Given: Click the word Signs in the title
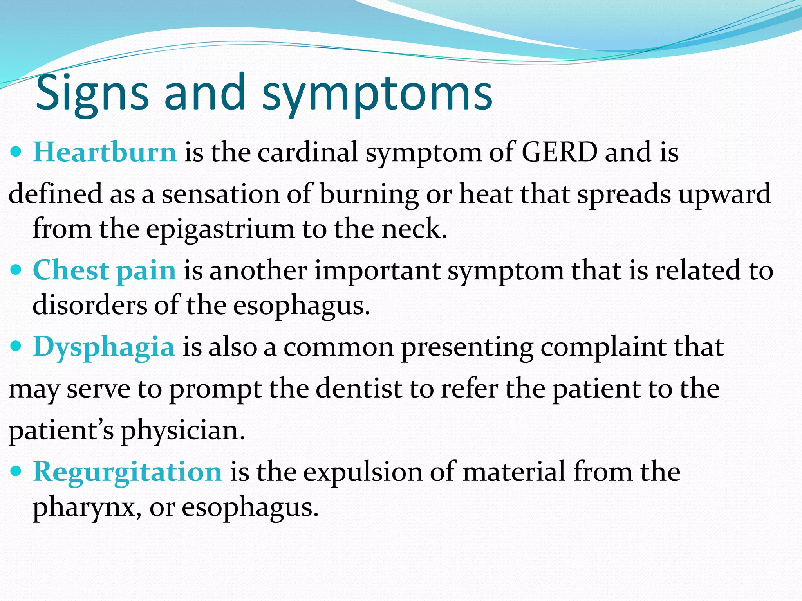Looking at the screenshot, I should [x=92, y=94].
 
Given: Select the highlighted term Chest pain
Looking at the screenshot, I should [x=105, y=270].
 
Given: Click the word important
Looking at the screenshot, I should [x=378, y=270].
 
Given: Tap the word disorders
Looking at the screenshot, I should [x=90, y=305].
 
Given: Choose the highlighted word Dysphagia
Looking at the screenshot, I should [x=104, y=347].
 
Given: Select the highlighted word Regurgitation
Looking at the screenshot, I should [x=128, y=472].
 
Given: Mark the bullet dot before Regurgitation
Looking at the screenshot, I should [x=16, y=471].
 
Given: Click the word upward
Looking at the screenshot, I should [x=724, y=194].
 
